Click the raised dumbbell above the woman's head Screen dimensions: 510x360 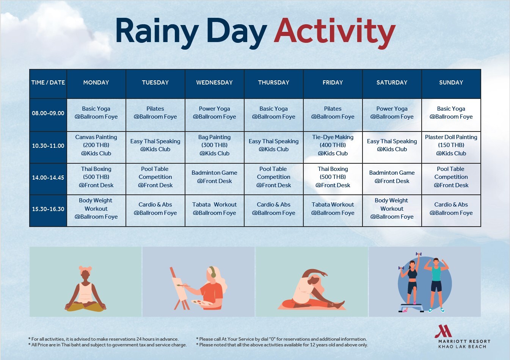point(419,254)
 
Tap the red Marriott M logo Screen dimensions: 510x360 point(443,331)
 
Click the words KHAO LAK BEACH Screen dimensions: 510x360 point(463,347)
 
